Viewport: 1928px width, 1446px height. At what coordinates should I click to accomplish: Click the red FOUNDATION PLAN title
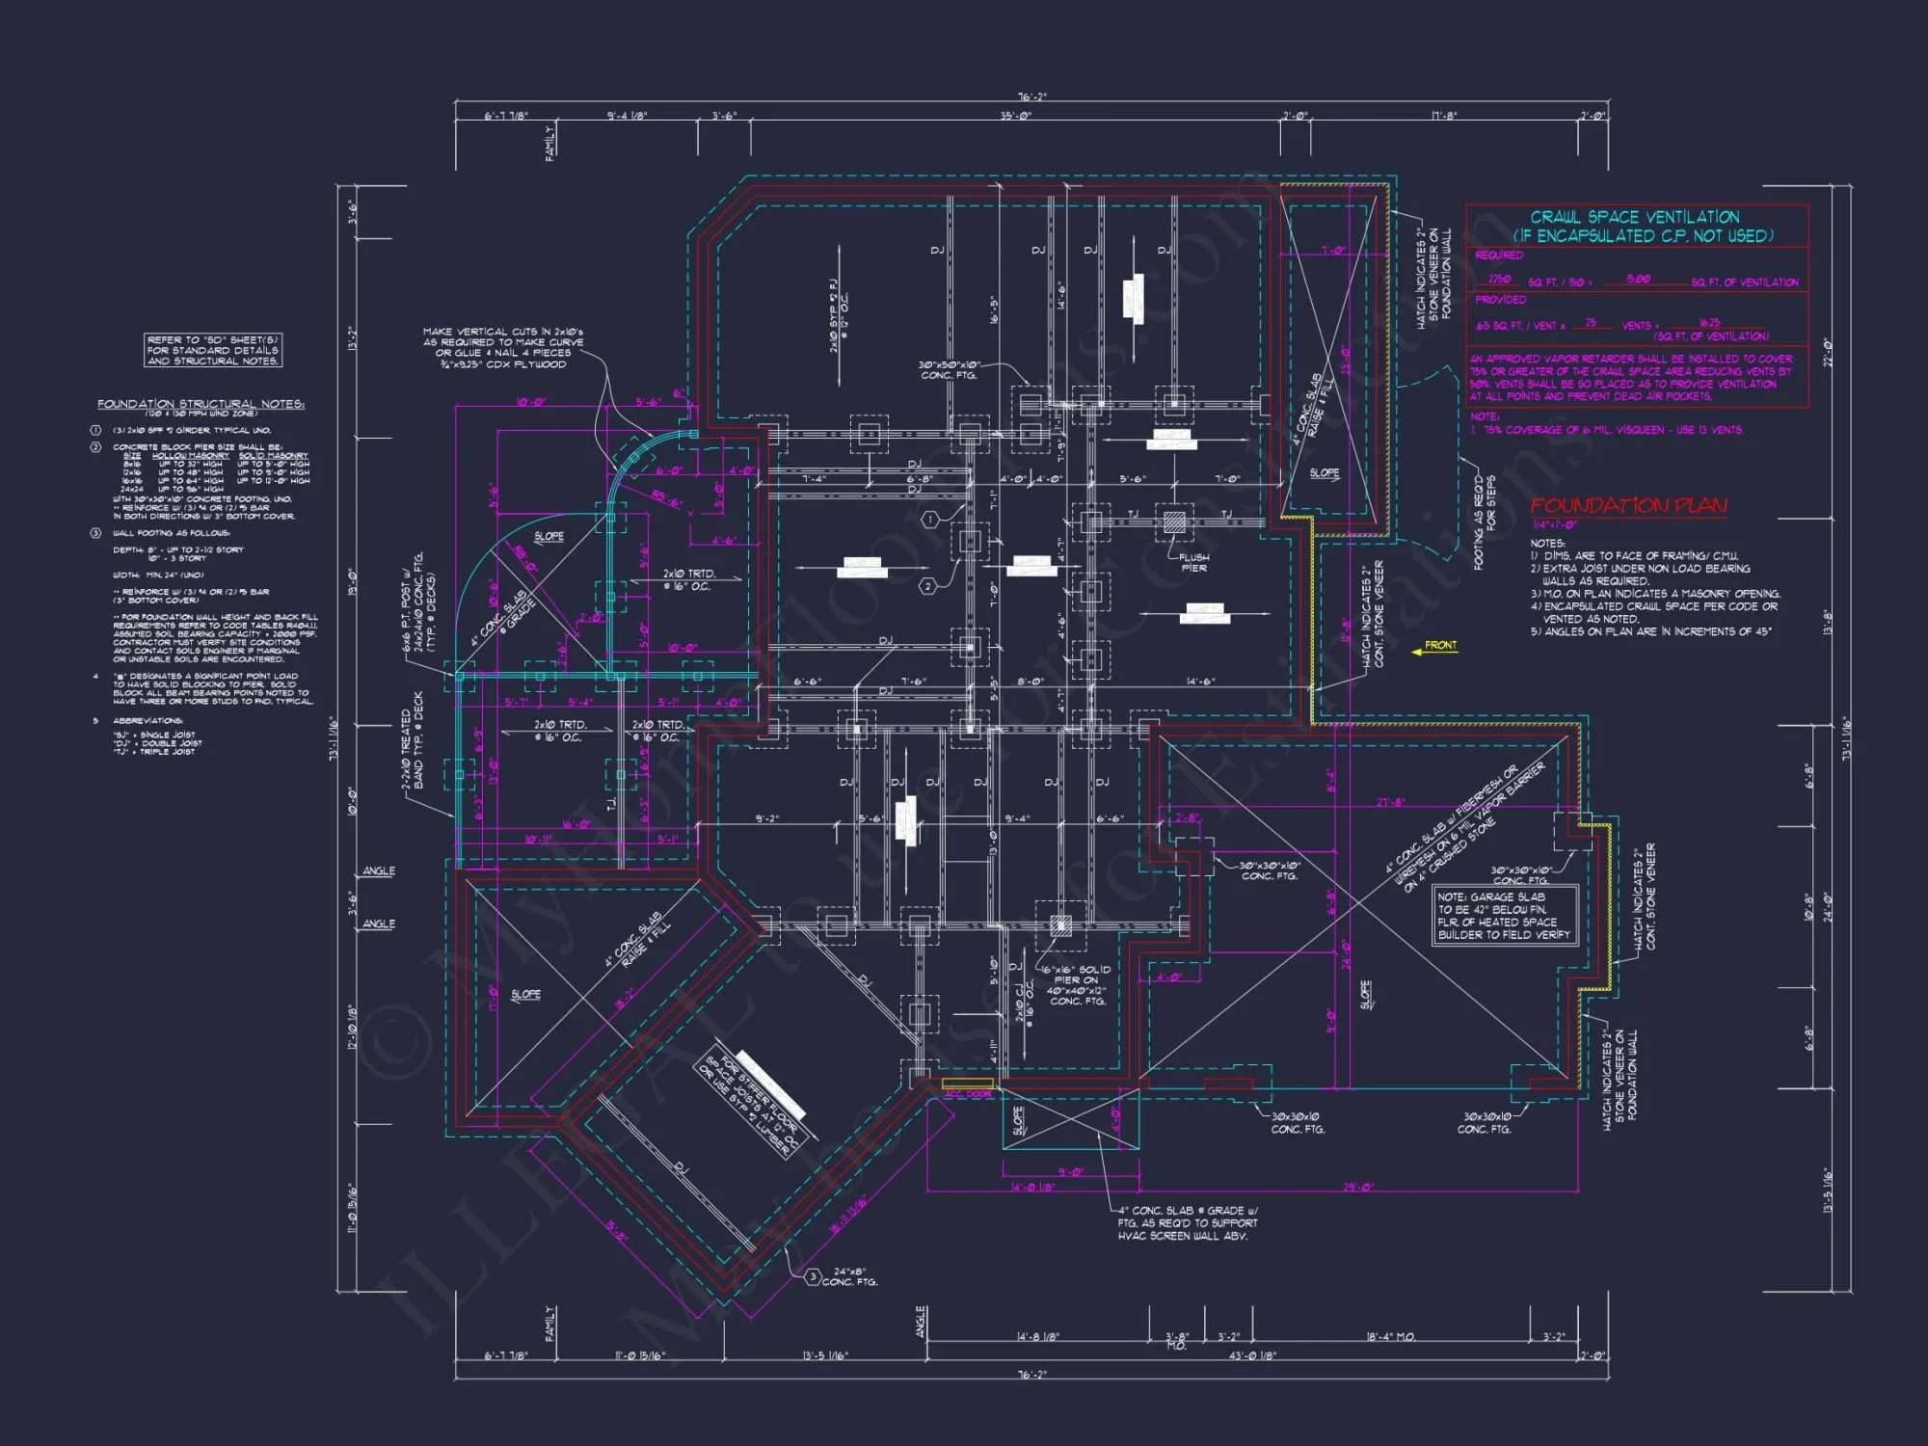coord(1628,505)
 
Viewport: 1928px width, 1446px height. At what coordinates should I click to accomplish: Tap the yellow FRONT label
coord(1440,646)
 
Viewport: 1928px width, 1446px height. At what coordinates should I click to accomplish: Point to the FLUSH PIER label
coord(1193,562)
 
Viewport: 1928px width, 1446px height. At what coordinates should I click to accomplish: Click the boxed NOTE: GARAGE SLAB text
coord(1504,916)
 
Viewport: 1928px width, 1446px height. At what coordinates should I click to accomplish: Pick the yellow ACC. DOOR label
coord(967,1094)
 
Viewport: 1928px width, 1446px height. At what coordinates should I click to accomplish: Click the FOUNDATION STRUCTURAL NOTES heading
coord(201,404)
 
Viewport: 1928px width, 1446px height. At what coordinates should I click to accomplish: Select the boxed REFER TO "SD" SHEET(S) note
coord(213,350)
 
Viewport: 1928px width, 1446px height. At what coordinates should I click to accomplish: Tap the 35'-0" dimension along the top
coord(1015,116)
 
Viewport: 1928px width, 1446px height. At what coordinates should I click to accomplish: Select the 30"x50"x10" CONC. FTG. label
coord(949,370)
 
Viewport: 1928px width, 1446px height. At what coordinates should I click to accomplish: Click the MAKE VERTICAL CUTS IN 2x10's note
coord(502,348)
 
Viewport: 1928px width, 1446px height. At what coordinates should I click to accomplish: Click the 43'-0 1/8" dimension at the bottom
coord(1252,1355)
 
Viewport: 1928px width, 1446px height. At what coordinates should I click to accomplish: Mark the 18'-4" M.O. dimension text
coord(1390,1337)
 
